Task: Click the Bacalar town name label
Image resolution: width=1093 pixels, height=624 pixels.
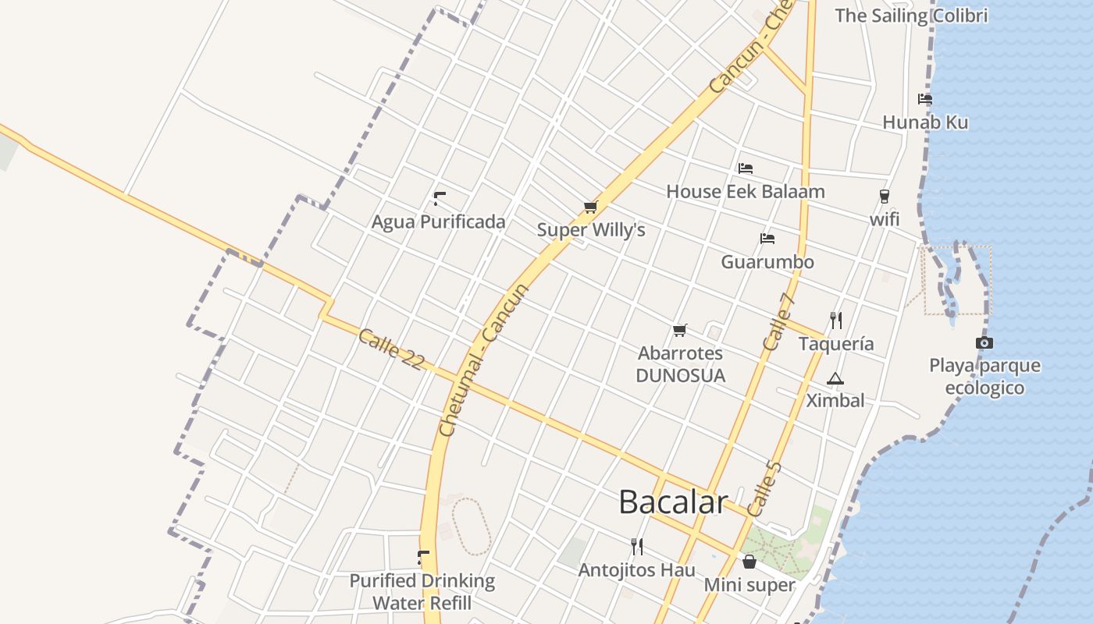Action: pos(673,502)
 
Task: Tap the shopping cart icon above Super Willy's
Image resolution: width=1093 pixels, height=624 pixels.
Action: pos(590,207)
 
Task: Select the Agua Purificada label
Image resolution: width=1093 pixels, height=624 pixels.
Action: pos(438,222)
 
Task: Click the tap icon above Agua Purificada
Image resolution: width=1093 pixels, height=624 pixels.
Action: pos(439,198)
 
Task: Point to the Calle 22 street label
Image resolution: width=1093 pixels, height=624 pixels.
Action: pos(391,349)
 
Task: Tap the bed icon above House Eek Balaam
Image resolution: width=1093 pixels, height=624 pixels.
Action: pos(746,168)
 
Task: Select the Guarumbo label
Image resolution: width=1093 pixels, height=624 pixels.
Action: pos(767,262)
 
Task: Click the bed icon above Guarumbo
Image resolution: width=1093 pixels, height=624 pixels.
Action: pos(767,239)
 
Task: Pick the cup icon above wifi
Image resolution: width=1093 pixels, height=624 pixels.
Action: pos(885,197)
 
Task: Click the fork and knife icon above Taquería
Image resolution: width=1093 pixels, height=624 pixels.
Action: pos(836,320)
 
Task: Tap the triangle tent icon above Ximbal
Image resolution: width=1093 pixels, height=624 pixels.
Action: pos(835,379)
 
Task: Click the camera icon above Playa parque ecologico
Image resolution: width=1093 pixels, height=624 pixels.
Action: pos(984,342)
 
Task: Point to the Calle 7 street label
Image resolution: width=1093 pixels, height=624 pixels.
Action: pos(778,322)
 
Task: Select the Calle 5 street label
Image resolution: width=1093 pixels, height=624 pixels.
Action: pos(764,489)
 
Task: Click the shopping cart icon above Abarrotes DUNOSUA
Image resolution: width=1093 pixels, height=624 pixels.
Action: pos(680,331)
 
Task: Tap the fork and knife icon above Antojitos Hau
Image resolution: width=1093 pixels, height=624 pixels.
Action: pos(637,547)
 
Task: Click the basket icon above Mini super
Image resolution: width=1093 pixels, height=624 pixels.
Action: pos(749,562)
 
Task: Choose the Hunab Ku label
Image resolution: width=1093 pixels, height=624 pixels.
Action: pos(925,122)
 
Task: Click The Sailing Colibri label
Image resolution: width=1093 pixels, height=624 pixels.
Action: pos(911,16)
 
